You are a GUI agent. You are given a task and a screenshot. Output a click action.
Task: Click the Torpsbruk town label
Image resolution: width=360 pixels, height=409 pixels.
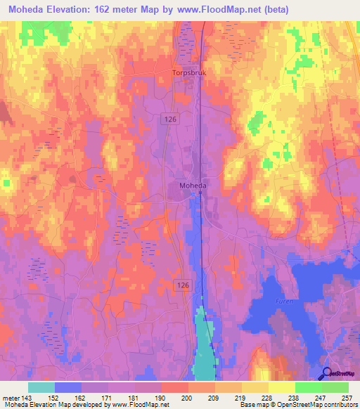188,72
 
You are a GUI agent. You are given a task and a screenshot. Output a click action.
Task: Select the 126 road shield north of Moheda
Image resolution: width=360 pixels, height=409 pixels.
172,119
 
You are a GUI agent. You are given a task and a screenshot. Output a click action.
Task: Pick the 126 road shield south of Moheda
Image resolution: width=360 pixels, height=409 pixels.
181,283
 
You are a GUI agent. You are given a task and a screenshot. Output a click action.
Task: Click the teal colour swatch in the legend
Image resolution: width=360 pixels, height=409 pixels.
41,387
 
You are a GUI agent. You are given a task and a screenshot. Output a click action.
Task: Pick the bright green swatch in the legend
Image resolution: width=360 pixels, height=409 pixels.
308,387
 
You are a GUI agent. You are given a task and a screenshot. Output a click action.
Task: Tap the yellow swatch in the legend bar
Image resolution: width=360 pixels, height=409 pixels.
281,387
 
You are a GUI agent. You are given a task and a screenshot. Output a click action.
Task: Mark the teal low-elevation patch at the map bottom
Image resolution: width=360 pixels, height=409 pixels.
203,344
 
